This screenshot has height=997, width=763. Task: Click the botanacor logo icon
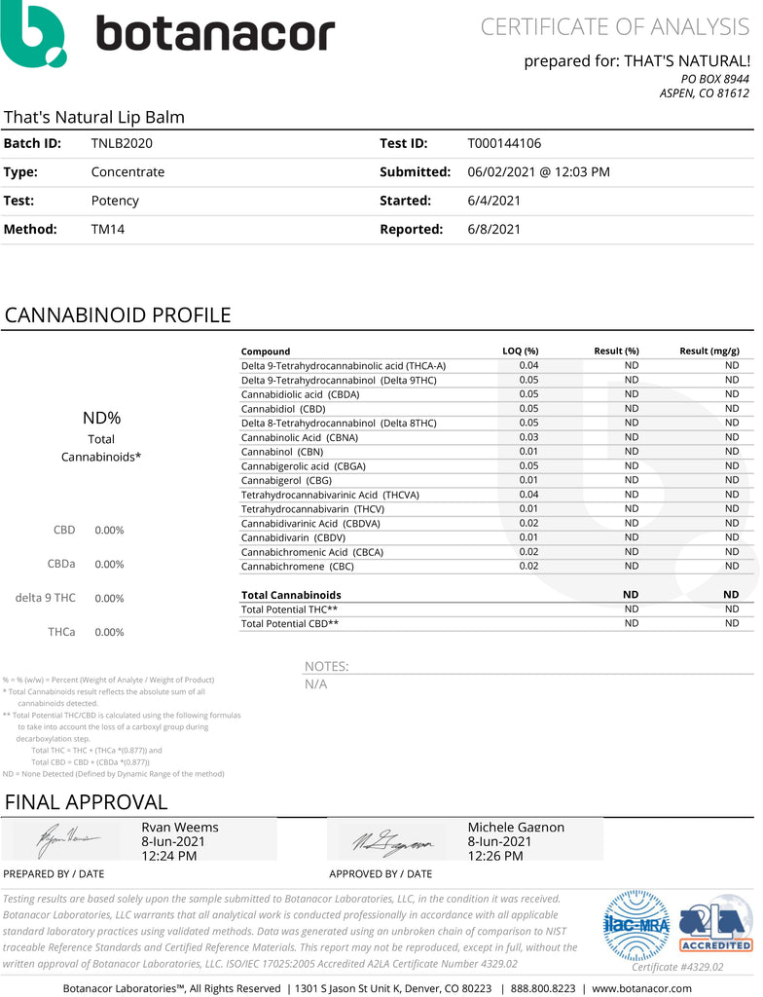[x=35, y=34]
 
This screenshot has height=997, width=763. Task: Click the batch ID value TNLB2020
[x=122, y=143]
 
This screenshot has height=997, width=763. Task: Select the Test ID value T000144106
[x=504, y=143]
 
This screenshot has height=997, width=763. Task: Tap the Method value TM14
[x=107, y=230]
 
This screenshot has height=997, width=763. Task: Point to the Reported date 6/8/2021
[x=494, y=230]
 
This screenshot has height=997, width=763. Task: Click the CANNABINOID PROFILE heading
[x=118, y=315]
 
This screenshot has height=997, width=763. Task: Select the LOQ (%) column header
[x=520, y=351]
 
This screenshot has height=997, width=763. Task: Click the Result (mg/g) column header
[x=708, y=351]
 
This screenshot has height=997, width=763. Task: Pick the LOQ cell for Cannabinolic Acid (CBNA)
[x=528, y=437]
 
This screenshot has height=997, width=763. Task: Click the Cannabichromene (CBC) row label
[x=298, y=566]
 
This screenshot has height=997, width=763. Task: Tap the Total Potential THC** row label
[x=290, y=609]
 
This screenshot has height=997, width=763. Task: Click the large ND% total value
[x=101, y=419]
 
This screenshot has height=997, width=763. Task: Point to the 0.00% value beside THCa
[x=109, y=632]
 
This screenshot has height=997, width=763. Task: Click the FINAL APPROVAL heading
[x=87, y=802]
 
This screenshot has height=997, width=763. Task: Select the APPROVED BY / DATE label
[x=381, y=873]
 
